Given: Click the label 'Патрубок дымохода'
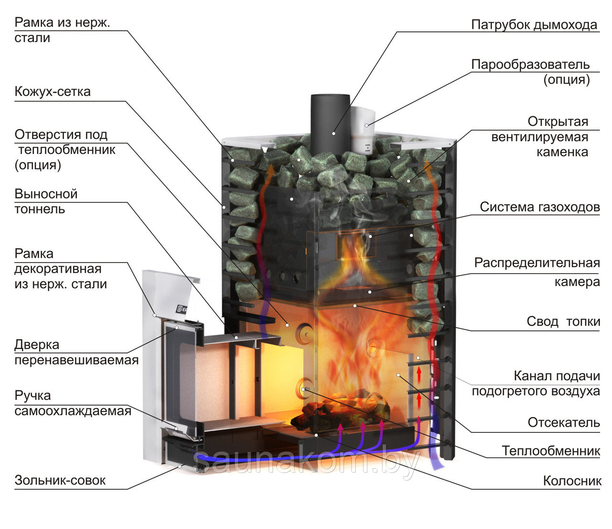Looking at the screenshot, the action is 534,25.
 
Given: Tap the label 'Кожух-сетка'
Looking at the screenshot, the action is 53,91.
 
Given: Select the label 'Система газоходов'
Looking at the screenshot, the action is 540,207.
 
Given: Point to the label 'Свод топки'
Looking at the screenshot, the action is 563,321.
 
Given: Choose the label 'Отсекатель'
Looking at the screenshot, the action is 564,422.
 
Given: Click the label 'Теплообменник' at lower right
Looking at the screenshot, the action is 551,451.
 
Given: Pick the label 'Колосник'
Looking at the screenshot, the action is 572,481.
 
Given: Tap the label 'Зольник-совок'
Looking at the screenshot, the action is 60,480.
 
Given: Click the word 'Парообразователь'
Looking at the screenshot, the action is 530,65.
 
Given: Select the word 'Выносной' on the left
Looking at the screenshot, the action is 46,194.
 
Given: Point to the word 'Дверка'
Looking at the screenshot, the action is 37,345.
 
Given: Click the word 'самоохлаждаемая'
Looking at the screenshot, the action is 73,411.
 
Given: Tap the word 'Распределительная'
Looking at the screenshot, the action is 537,263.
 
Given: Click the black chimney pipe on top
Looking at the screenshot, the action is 330,124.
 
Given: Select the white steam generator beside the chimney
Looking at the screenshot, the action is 362,130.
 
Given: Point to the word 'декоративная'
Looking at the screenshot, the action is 58,269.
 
